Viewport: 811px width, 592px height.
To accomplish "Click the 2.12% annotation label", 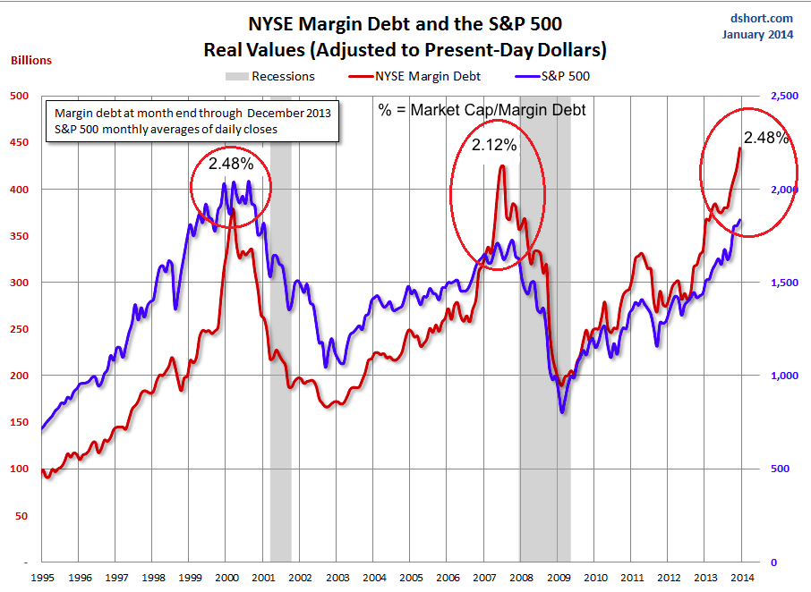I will click(495, 145).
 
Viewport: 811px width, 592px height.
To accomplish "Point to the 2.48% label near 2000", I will click(231, 164).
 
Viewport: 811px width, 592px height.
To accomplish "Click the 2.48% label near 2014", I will click(766, 138).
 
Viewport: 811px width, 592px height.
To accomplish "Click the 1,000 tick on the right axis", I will click(781, 376).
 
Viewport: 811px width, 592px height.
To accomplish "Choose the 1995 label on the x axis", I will click(42, 579).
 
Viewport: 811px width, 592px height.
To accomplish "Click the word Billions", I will click(31, 61).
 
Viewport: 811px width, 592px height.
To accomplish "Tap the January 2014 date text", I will click(756, 35).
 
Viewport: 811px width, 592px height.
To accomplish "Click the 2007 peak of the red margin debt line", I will click(501, 166).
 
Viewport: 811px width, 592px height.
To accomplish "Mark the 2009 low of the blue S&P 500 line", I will click(562, 412).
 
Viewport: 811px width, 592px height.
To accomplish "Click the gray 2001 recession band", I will click(280, 358).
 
